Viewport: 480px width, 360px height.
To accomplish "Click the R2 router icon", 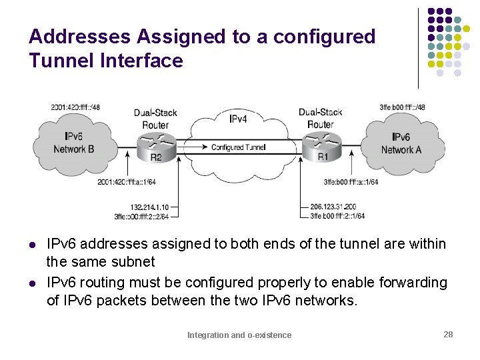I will pyautogui.click(x=156, y=145).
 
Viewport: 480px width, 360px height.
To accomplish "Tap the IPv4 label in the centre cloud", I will pyautogui.click(x=238, y=119).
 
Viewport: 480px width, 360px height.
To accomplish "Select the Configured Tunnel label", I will pyautogui.click(x=238, y=147).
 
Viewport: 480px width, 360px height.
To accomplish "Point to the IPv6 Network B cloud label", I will pyautogui.click(x=73, y=143).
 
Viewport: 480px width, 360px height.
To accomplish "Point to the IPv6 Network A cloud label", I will pyautogui.click(x=401, y=143).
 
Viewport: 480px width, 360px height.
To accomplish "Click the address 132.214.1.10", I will pyautogui.click(x=149, y=207).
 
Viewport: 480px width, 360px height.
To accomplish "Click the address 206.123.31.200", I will pyautogui.click(x=333, y=207).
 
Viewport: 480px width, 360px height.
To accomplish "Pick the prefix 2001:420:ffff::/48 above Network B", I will pyautogui.click(x=75, y=107).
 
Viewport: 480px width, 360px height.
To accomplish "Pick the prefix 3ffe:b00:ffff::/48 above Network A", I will pyautogui.click(x=402, y=107).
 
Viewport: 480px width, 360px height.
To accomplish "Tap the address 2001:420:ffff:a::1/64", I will pyautogui.click(x=126, y=182).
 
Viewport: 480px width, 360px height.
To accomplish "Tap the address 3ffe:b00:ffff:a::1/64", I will pyautogui.click(x=351, y=182).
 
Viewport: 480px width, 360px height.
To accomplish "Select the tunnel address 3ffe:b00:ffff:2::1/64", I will pyautogui.click(x=337, y=216).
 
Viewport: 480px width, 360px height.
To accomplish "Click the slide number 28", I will pyautogui.click(x=448, y=334).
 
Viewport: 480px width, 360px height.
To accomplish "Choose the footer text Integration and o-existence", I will pyautogui.click(x=239, y=335).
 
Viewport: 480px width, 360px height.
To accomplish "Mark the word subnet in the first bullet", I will pyautogui.click(x=133, y=262).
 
